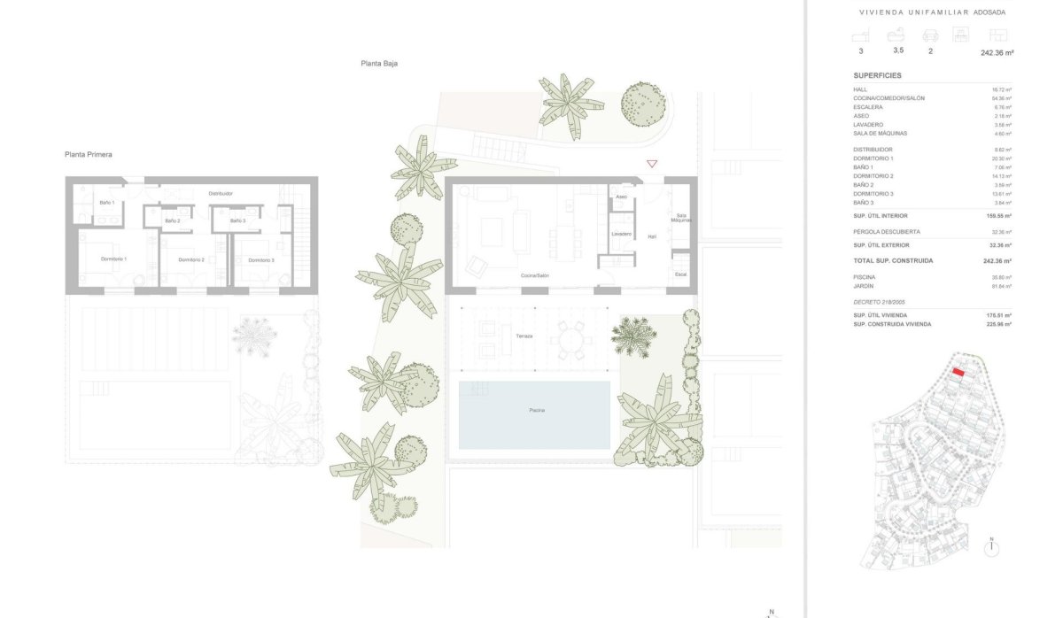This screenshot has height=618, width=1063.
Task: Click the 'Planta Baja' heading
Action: (378, 64)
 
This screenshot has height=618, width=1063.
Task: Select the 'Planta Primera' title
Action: (88, 154)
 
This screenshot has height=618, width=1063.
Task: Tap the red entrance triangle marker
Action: (652, 164)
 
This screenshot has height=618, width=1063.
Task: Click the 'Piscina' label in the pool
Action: (537, 411)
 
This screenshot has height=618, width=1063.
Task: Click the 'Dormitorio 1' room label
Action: (113, 259)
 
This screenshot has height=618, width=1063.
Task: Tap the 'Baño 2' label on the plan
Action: (173, 220)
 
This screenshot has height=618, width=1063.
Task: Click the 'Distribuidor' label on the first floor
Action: (221, 193)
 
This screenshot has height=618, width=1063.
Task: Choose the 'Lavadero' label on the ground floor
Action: (621, 234)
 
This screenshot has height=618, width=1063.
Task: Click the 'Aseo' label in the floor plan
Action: (622, 197)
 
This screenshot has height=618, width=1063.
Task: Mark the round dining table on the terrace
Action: (568, 339)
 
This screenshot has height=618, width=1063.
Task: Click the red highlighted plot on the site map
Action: (958, 373)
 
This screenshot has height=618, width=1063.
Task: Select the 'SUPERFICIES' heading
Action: (877, 76)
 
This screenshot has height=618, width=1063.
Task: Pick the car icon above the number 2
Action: (930, 35)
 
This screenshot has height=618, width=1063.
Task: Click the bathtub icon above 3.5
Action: (897, 35)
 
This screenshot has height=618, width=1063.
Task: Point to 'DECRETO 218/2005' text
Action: (879, 302)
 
